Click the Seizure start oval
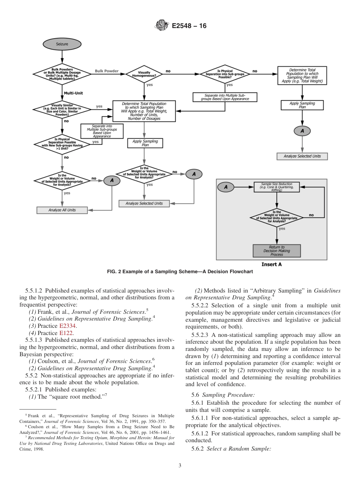tap(62, 44)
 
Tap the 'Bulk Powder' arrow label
tap(106, 71)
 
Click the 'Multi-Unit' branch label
tap(74, 92)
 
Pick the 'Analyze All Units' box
tap(62, 210)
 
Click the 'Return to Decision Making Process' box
tap(277, 250)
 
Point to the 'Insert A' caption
tap(271, 264)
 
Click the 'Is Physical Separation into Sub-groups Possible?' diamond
tap(224, 74)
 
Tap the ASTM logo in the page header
tap(162, 26)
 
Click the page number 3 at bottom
tap(180, 466)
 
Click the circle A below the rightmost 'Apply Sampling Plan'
tap(302, 131)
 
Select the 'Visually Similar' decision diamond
tap(62, 109)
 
